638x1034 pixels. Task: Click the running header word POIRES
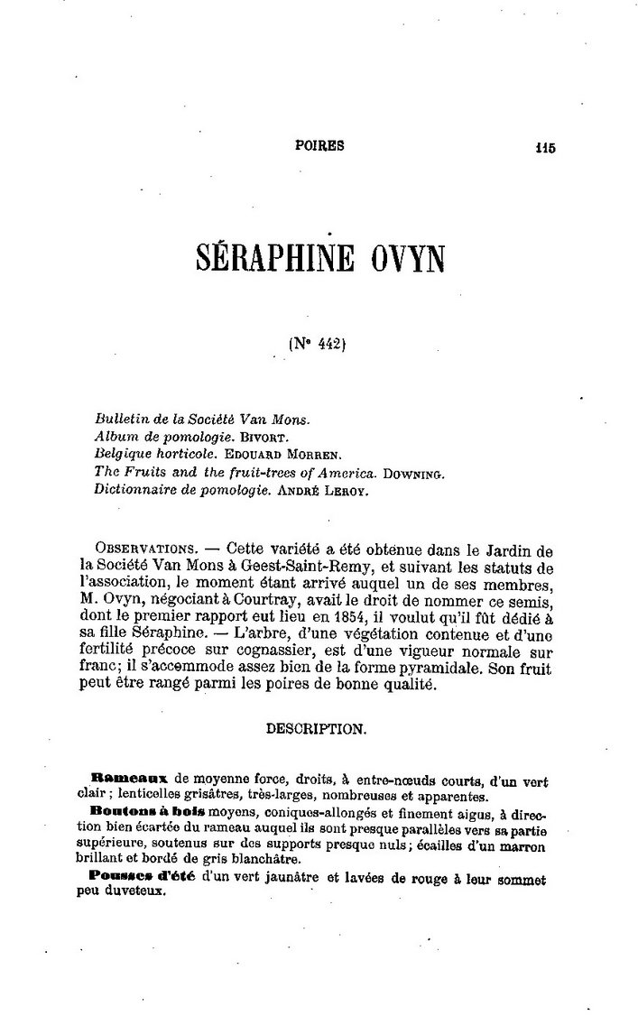(x=319, y=146)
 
